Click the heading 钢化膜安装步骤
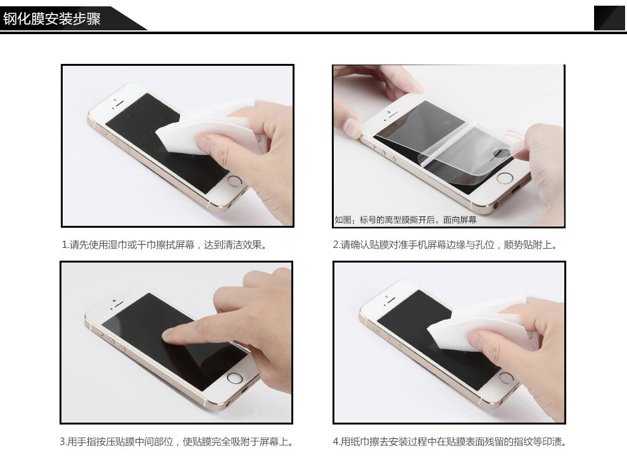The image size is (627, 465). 52,18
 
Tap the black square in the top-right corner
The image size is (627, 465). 609,18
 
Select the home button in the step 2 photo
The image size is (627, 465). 504,178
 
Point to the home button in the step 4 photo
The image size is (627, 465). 507,378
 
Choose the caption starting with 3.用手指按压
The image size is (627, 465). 178,442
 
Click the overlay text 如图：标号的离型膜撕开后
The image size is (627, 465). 405,220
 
